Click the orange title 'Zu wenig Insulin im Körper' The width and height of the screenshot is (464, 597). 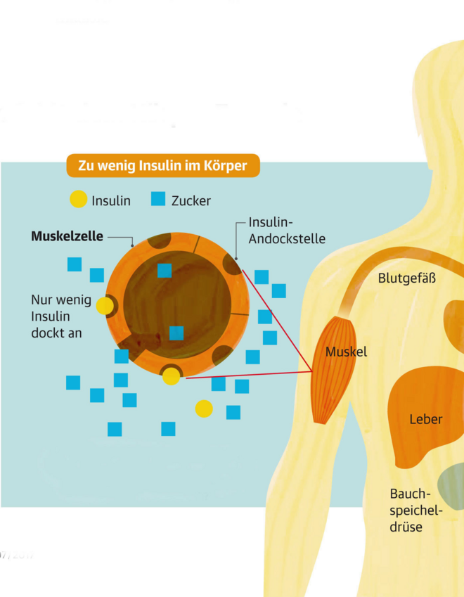(162, 166)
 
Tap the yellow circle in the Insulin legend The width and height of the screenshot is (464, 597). (79, 200)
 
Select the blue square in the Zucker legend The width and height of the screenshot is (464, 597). (159, 200)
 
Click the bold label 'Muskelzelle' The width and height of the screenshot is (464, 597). (67, 237)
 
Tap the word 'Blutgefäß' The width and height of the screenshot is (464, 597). (407, 278)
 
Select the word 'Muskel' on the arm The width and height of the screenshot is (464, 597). (347, 352)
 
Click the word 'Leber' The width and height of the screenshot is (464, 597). (426, 420)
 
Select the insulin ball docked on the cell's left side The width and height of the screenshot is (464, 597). (105, 306)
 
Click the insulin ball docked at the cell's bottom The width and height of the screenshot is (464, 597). (171, 377)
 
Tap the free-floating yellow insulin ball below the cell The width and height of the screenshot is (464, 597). (204, 408)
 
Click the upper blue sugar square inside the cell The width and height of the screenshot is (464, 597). (165, 271)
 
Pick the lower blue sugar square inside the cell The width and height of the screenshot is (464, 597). (176, 333)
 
